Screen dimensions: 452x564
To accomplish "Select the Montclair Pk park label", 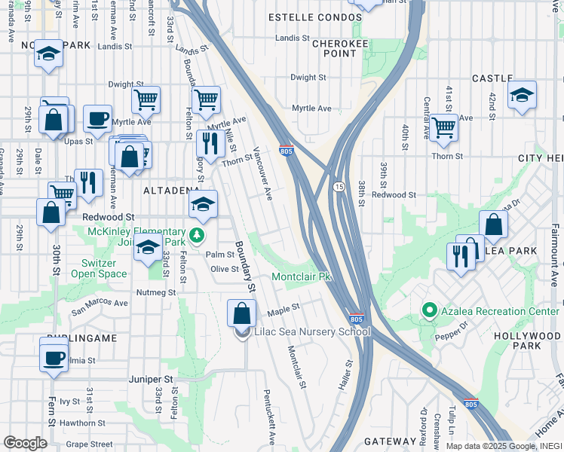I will pyautogui.click(x=302, y=277).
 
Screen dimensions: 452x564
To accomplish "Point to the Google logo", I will pyautogui.click(x=25, y=442).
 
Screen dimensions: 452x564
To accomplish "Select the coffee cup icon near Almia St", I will pyautogui.click(x=54, y=356).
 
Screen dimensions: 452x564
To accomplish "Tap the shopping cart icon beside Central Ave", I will pyautogui.click(x=443, y=127).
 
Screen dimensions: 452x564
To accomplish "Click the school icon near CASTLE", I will pyautogui.click(x=521, y=96).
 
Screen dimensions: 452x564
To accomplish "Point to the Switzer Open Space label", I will pyautogui.click(x=100, y=268).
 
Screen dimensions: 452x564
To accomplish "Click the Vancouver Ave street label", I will pyautogui.click(x=262, y=173).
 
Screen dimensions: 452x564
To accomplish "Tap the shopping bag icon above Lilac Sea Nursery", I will pyautogui.click(x=241, y=312).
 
